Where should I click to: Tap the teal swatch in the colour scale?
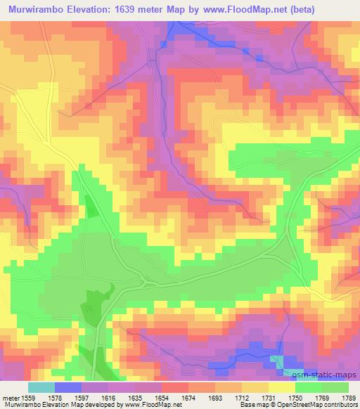tap(41, 387)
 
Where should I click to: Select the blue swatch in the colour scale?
tap(68, 387)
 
